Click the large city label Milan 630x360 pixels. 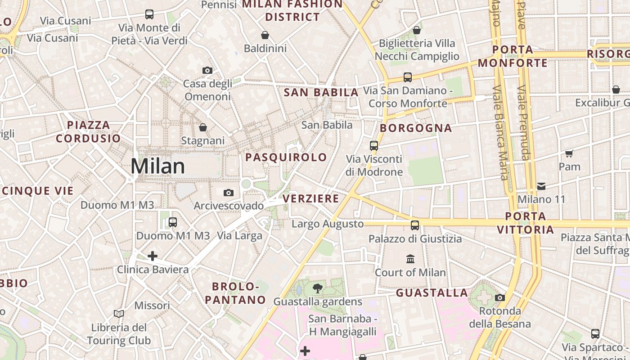(157, 166)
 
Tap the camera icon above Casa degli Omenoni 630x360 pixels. (207, 70)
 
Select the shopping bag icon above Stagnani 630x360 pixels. (203, 127)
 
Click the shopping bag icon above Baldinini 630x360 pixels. (265, 35)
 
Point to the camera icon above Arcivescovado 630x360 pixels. (229, 193)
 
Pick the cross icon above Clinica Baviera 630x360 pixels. (153, 256)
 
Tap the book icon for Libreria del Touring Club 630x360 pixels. (119, 314)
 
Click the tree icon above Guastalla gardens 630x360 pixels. (318, 288)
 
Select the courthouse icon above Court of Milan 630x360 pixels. (410, 259)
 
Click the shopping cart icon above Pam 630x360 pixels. (569, 153)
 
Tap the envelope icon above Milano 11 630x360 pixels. (541, 186)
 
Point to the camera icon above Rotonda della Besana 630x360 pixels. (500, 297)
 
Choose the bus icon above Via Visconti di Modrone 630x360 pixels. (374, 145)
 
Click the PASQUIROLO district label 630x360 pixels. (286, 157)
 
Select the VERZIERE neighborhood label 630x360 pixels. (310, 198)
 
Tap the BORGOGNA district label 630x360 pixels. (416, 128)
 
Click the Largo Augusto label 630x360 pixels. (328, 224)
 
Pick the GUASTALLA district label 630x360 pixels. (432, 293)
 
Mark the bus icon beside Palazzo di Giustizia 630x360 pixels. (415, 225)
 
